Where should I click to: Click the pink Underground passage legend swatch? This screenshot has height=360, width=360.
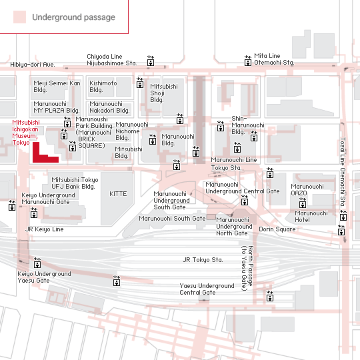[x=19, y=17]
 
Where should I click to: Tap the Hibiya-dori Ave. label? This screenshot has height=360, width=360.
[x=33, y=65]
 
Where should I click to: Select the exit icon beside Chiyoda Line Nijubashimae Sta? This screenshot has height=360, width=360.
[x=151, y=61]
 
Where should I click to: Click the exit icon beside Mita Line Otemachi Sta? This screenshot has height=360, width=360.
[x=248, y=61]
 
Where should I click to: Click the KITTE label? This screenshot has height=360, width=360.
[x=118, y=194]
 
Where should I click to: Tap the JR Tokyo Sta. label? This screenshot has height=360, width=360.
[x=203, y=260]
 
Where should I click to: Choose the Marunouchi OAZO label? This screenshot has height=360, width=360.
[x=307, y=189]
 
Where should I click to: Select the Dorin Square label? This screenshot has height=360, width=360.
[x=277, y=229]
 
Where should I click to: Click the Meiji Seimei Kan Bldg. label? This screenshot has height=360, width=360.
[x=57, y=86]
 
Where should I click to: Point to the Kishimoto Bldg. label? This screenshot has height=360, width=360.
[x=103, y=86]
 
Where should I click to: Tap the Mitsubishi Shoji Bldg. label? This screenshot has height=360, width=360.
[x=164, y=93]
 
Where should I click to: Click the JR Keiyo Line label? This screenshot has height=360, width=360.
[x=44, y=229]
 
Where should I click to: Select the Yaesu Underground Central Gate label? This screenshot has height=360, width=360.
[x=207, y=289]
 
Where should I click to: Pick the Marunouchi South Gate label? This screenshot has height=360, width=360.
[x=172, y=219]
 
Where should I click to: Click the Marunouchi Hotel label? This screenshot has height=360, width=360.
[x=311, y=216]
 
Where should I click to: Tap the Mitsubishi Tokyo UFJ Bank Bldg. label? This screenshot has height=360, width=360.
[x=75, y=183]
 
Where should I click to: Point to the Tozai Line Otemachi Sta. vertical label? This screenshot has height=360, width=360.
[x=343, y=172]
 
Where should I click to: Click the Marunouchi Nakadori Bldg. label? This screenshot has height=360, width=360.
[x=109, y=107]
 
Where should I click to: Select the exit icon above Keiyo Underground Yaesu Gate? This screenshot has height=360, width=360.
[x=37, y=263]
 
